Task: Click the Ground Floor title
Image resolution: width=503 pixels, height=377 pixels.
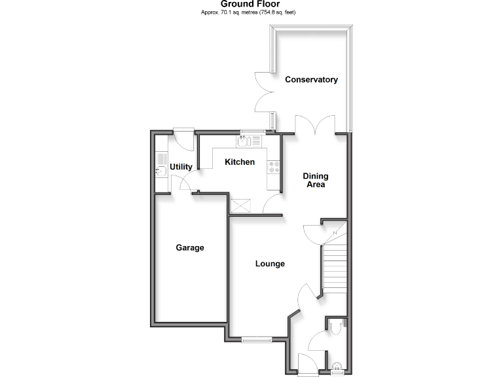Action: pos(251,4)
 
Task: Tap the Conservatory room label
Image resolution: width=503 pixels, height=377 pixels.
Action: pos(311,80)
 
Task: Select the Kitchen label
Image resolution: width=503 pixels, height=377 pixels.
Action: pos(240,162)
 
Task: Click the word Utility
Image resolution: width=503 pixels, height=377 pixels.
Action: pos(181,168)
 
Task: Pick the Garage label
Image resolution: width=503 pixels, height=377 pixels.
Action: pos(190,248)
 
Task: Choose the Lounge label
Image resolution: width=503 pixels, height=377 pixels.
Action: pos(270,264)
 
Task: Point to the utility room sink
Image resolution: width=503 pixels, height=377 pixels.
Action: pos(160,171)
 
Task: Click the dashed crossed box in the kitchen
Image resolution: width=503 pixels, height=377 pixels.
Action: pos(240,206)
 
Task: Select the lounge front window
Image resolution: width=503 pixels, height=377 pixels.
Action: pos(256,339)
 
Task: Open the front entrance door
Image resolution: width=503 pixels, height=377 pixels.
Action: pos(308,374)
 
